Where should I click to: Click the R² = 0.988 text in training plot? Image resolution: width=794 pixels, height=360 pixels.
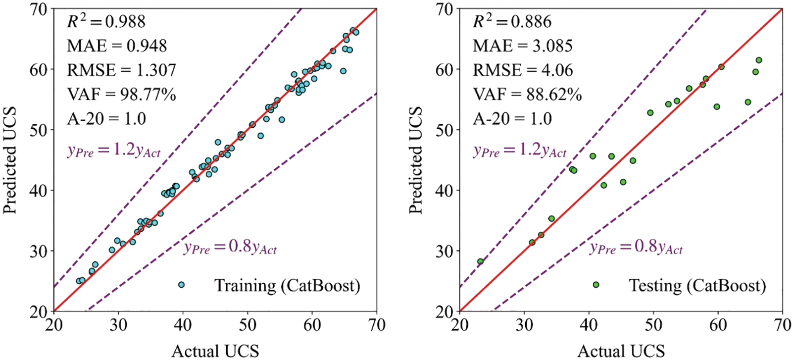(x=106, y=21)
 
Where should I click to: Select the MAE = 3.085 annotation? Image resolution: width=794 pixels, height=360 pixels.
(x=523, y=46)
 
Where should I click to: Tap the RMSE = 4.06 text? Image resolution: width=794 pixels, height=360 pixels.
(x=523, y=70)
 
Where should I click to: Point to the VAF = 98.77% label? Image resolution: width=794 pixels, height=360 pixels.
(x=121, y=94)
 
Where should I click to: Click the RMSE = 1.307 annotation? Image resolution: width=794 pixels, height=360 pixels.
(x=121, y=70)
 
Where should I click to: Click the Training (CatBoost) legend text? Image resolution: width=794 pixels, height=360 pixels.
(x=287, y=286)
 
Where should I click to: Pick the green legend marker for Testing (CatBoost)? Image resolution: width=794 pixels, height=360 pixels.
(x=596, y=285)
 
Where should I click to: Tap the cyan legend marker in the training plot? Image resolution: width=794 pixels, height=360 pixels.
(x=181, y=285)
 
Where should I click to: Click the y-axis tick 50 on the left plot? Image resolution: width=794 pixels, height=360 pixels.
(x=40, y=130)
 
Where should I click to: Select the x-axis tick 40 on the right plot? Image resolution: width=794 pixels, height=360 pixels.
(x=589, y=325)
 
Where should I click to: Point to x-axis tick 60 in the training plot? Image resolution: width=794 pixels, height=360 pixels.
(x=312, y=325)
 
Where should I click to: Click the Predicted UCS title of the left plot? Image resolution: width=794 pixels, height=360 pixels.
(x=10, y=160)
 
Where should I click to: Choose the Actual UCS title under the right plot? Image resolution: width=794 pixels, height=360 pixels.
(x=621, y=351)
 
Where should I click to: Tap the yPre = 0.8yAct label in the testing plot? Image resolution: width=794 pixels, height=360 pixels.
(x=636, y=247)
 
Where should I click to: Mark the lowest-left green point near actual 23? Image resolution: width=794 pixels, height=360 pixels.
(x=480, y=261)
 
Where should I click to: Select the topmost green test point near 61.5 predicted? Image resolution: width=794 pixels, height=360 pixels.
(x=759, y=60)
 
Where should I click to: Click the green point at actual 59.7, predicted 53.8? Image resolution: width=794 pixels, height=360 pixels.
(x=717, y=107)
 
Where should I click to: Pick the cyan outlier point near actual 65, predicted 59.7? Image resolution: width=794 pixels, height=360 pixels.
(x=343, y=71)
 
